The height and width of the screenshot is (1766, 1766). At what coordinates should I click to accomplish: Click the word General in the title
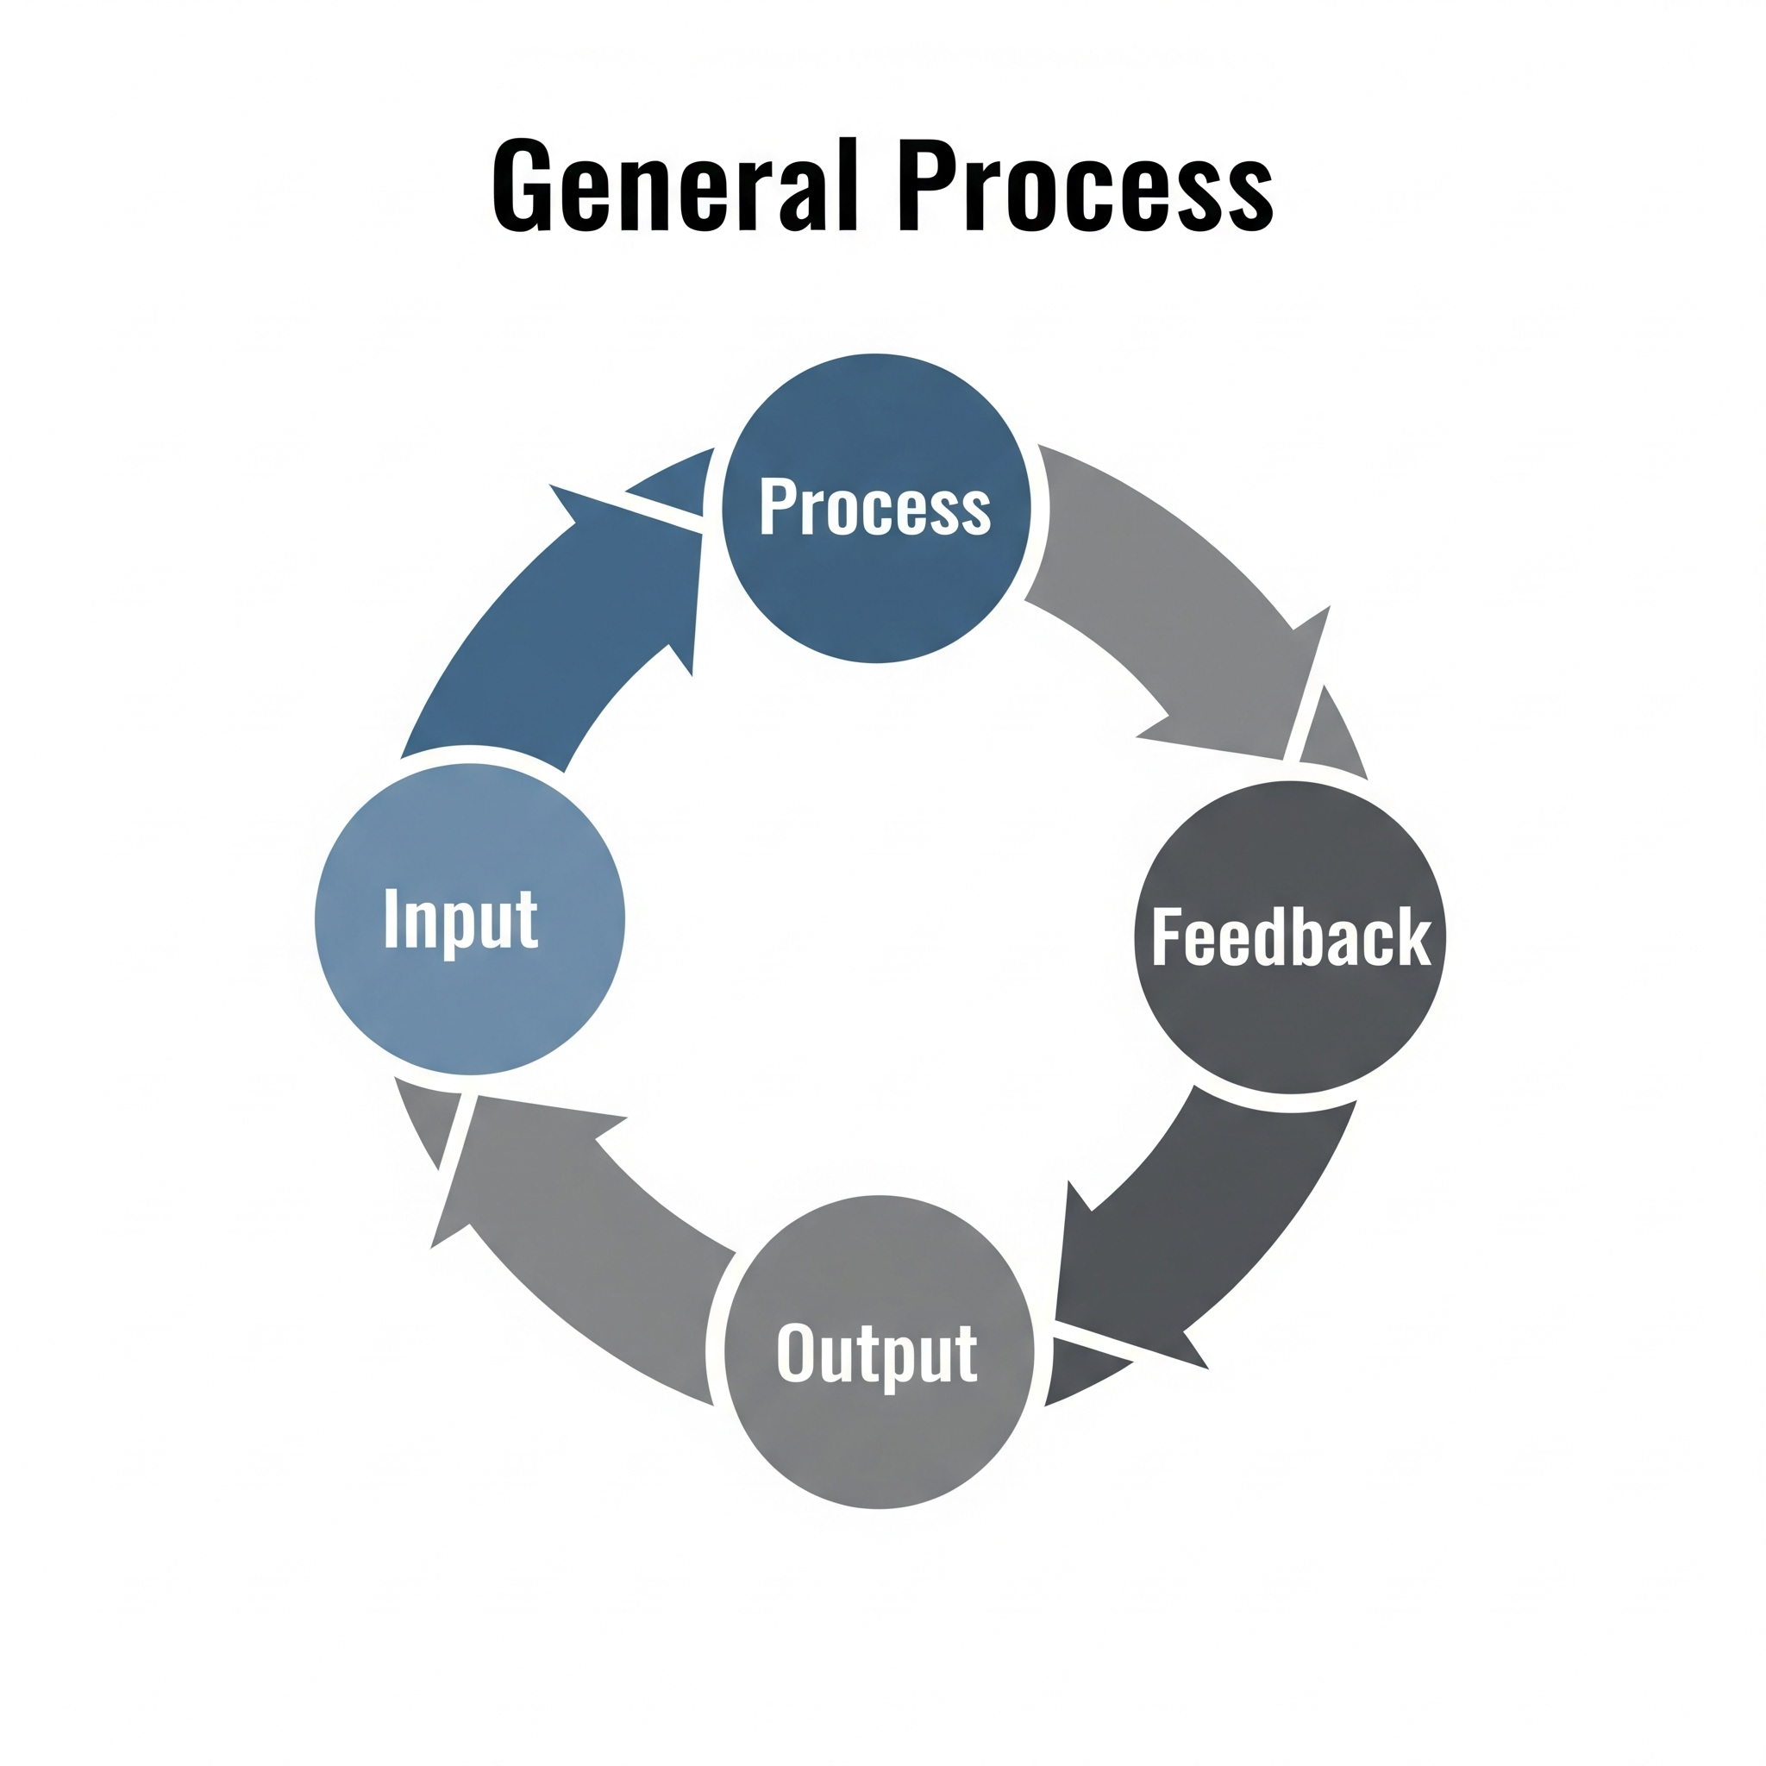click(x=675, y=184)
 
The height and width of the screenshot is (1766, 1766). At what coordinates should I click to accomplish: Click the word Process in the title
click(x=1086, y=184)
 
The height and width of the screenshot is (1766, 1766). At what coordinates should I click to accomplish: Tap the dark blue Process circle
click(x=877, y=508)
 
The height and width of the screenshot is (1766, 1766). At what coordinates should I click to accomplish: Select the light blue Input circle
click(x=470, y=919)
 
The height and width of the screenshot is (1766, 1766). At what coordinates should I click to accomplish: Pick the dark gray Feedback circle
click(x=1290, y=938)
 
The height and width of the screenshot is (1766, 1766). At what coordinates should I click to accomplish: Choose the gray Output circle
click(x=880, y=1352)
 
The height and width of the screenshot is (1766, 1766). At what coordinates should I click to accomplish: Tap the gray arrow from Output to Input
click(x=548, y=1234)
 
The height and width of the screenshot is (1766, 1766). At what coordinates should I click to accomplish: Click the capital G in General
click(x=523, y=185)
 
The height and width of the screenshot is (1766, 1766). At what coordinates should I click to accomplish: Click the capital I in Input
click(x=391, y=917)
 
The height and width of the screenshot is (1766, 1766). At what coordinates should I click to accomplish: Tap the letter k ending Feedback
click(x=1415, y=936)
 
